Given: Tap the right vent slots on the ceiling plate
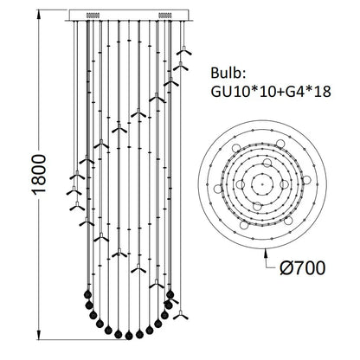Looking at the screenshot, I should click(x=167, y=15).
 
